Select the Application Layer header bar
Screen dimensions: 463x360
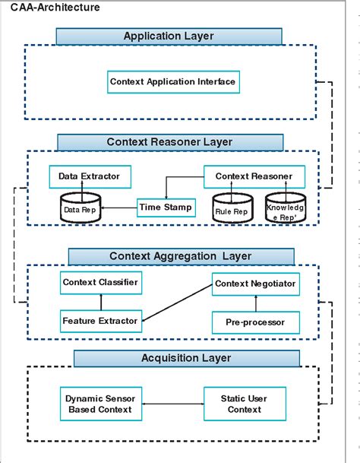pos(169,36)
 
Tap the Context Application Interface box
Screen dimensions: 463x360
pos(173,81)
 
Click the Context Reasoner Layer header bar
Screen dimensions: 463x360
pos(169,142)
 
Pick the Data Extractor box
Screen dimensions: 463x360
pos(89,176)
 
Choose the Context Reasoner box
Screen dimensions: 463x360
pos(254,176)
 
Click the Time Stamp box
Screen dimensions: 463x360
pos(166,207)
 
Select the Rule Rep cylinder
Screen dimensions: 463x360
pos(230,208)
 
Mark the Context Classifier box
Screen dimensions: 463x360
pos(99,284)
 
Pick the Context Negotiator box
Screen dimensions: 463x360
pos(254,284)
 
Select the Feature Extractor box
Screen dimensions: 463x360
pos(99,321)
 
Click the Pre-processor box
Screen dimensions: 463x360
pos(255,322)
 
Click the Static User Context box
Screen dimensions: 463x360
pos(244,404)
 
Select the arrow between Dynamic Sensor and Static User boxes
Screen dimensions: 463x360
pos(172,404)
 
